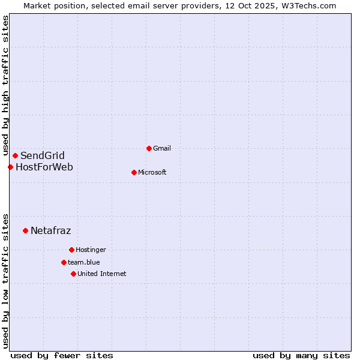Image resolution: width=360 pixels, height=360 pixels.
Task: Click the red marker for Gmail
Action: tap(149, 148)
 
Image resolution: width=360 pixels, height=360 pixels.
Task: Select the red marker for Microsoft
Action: tap(134, 172)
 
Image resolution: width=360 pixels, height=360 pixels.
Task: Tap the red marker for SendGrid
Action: tap(15, 156)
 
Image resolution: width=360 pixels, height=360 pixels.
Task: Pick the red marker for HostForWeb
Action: tap(10, 167)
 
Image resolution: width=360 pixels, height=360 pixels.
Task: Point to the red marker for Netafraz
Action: tap(25, 230)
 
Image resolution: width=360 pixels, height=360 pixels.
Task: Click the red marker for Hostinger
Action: tap(71, 250)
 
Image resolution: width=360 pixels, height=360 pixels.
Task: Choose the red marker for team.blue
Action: tap(64, 262)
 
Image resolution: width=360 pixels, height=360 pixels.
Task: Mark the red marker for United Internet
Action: tap(73, 274)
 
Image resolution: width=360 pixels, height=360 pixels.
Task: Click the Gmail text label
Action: tap(162, 148)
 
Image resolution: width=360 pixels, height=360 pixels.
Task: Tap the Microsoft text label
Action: tap(152, 172)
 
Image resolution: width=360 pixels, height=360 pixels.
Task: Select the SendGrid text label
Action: tap(43, 156)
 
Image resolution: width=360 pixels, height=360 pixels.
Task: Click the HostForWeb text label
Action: tap(44, 167)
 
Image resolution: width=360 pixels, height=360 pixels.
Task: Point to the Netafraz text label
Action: tap(51, 230)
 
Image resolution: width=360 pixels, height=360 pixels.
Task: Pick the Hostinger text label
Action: tap(91, 250)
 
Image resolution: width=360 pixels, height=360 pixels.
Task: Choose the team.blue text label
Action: tap(84, 262)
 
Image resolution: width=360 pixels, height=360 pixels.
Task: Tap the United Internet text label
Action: tap(102, 274)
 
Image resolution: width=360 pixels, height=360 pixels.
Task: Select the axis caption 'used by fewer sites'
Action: tap(62, 355)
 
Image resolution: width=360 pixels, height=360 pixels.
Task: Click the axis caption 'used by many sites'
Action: tap(301, 355)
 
